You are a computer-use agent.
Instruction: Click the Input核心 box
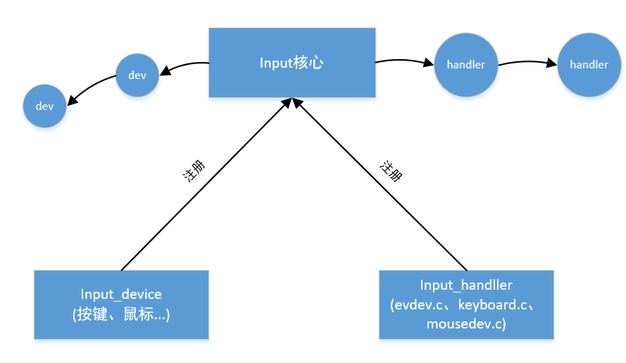point(291,63)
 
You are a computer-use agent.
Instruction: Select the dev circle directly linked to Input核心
point(137,75)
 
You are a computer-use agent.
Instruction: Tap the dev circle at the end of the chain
point(44,106)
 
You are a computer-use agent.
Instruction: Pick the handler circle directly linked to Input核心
point(465,64)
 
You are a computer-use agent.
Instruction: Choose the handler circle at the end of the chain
point(589,64)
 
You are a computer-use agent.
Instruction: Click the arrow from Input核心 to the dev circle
point(184,66)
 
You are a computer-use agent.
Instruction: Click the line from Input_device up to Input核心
point(204,185)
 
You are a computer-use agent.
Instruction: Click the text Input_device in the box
point(121,294)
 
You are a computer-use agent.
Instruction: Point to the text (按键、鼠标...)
point(121,314)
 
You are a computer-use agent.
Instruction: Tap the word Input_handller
point(465,285)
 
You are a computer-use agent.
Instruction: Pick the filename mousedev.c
point(465,324)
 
